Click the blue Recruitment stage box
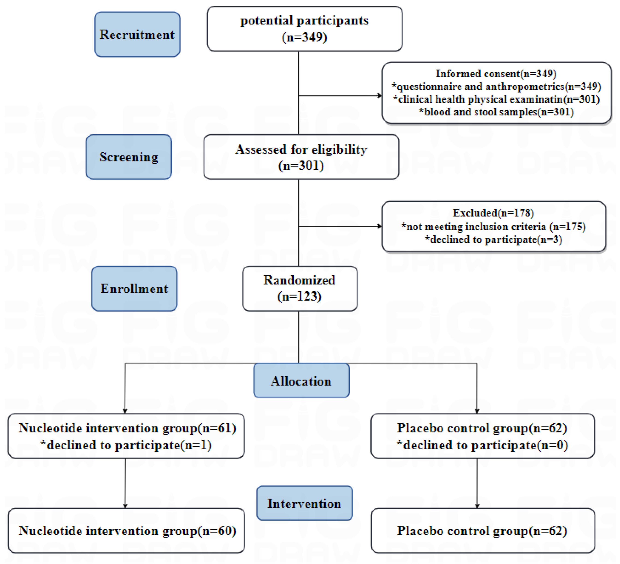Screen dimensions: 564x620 [137, 34]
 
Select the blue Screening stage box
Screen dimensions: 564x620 [129, 157]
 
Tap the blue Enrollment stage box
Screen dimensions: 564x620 [134, 288]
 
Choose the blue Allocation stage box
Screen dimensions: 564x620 [301, 380]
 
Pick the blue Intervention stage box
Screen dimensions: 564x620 [304, 503]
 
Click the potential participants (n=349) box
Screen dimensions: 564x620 [304, 29]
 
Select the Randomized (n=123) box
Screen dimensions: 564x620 [300, 288]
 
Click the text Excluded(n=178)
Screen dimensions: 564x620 [493, 213]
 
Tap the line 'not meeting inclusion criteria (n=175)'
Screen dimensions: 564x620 [493, 227]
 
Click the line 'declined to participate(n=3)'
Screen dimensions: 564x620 [493, 239]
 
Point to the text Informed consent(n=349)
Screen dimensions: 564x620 [496, 73]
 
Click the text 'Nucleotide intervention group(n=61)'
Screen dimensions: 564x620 [127, 428]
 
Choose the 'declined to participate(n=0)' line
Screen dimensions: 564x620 [482, 445]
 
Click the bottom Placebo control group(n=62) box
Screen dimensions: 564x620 [483, 531]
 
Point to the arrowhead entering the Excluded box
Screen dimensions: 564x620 [380, 226]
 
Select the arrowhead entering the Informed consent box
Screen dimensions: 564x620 [380, 96]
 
